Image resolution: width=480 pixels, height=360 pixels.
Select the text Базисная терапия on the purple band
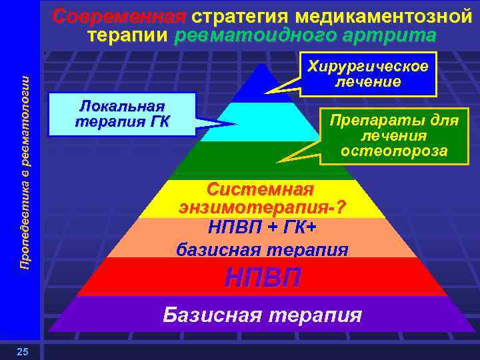click(x=263, y=314)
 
